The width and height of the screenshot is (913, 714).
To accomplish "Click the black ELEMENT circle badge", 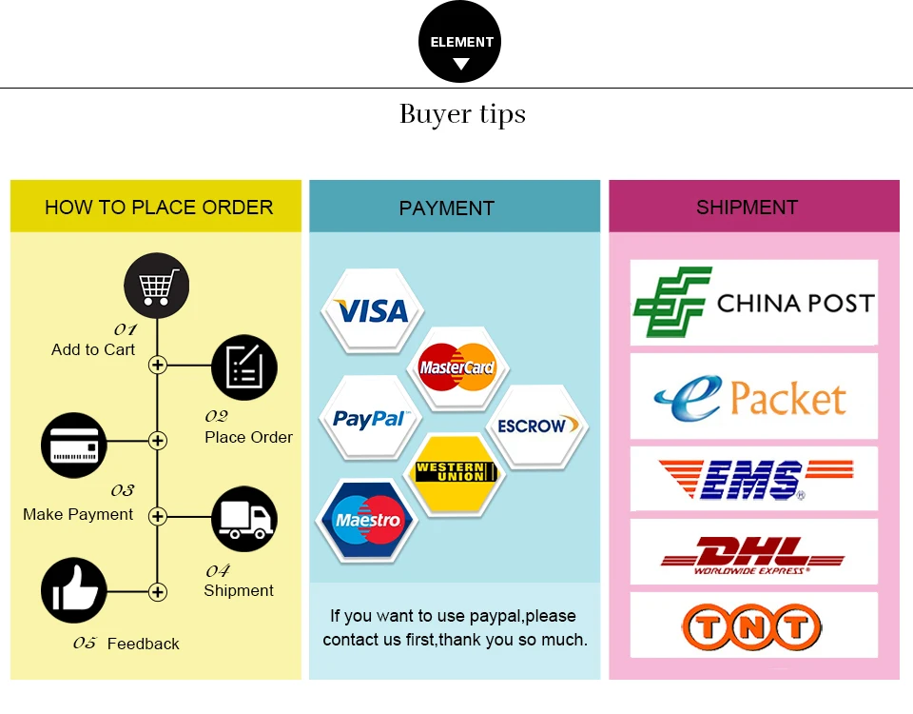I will pos(460,43).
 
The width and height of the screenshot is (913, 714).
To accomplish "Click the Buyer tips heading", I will pos(462,115).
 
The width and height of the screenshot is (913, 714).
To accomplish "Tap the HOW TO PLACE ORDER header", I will pos(158,207).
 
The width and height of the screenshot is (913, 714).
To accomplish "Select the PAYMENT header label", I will pos(447,208).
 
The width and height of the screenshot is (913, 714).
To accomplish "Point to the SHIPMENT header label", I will pos(747,207).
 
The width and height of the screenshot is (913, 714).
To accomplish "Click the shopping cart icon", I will pos(157,285).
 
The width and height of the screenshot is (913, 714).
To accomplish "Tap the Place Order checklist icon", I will pos(244,367).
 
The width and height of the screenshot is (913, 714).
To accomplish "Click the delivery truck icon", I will pos(244,519).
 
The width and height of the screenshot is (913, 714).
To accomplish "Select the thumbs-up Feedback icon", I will pos(74,591).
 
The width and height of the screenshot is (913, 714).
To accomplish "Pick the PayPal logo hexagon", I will pos(370,419).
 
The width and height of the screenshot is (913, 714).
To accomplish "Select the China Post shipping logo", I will pos(754,303).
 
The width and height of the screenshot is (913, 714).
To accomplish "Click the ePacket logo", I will pos(754,397).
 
